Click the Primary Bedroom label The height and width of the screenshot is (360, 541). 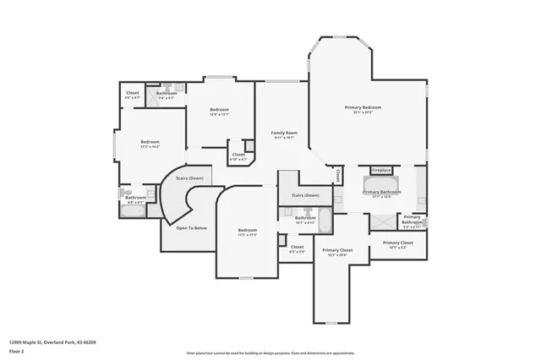coord(363,108)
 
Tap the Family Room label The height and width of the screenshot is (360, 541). coord(284,134)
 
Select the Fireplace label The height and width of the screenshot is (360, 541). coord(381,170)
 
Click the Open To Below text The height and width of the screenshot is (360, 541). coord(191,228)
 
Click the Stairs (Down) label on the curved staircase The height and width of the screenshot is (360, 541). coord(189,178)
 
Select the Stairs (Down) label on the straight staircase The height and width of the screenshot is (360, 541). coord(305,195)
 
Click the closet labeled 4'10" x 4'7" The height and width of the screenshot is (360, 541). coord(238,155)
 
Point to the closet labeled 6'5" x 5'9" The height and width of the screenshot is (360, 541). coord(298,248)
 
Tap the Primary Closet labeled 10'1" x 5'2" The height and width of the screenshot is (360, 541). coord(397,244)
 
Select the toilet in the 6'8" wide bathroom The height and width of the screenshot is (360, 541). coord(121,193)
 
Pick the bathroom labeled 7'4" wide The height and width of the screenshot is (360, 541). coord(166,94)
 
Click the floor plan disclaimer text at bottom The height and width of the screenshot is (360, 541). coord(270,351)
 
